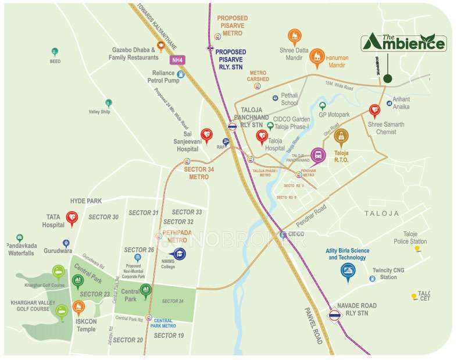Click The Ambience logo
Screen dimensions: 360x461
404,42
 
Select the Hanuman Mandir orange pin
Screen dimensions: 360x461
316,55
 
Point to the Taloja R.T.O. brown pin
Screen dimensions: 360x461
342,137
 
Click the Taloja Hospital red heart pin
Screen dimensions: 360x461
262,137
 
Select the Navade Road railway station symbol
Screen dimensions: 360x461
335,316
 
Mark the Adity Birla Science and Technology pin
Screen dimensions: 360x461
348,271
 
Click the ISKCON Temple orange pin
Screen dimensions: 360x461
78,308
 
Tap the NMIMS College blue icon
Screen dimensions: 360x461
180,254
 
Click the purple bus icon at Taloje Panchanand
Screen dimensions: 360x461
318,155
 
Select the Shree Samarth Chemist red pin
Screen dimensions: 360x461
376,110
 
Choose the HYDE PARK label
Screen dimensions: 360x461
86,201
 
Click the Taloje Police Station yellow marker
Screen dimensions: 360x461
417,249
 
